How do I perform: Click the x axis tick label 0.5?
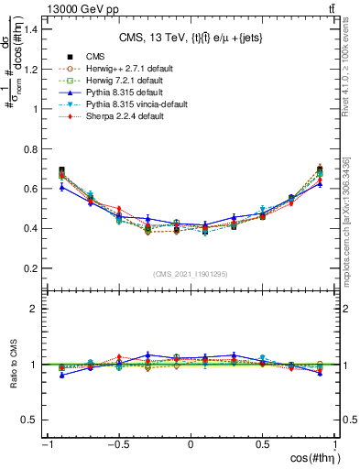click(x=263, y=444)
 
